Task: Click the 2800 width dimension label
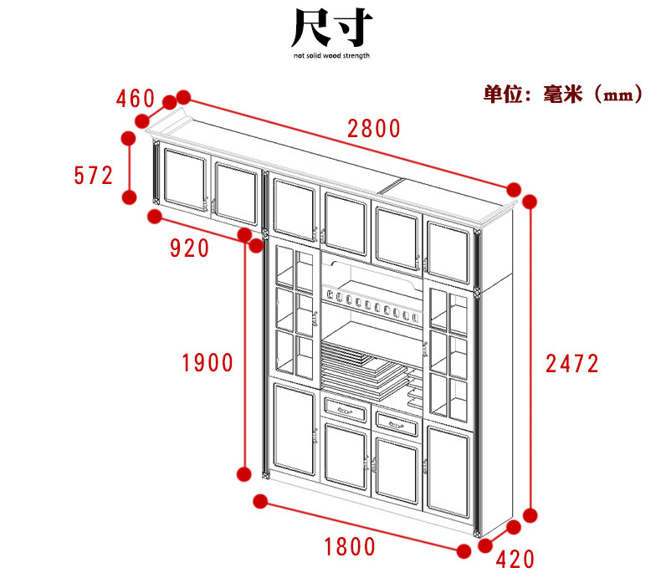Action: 374,129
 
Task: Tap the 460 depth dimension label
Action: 137,99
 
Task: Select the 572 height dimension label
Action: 93,176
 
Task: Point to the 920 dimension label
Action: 189,248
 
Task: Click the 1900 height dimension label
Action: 208,362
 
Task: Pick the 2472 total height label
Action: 572,363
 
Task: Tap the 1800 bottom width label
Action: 350,547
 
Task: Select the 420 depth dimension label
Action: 515,559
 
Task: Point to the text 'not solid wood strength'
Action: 331,56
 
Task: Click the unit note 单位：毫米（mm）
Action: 563,94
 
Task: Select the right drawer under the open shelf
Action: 395,422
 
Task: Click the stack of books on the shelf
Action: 360,365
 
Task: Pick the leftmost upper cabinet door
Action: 184,178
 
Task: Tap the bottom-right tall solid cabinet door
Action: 448,473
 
